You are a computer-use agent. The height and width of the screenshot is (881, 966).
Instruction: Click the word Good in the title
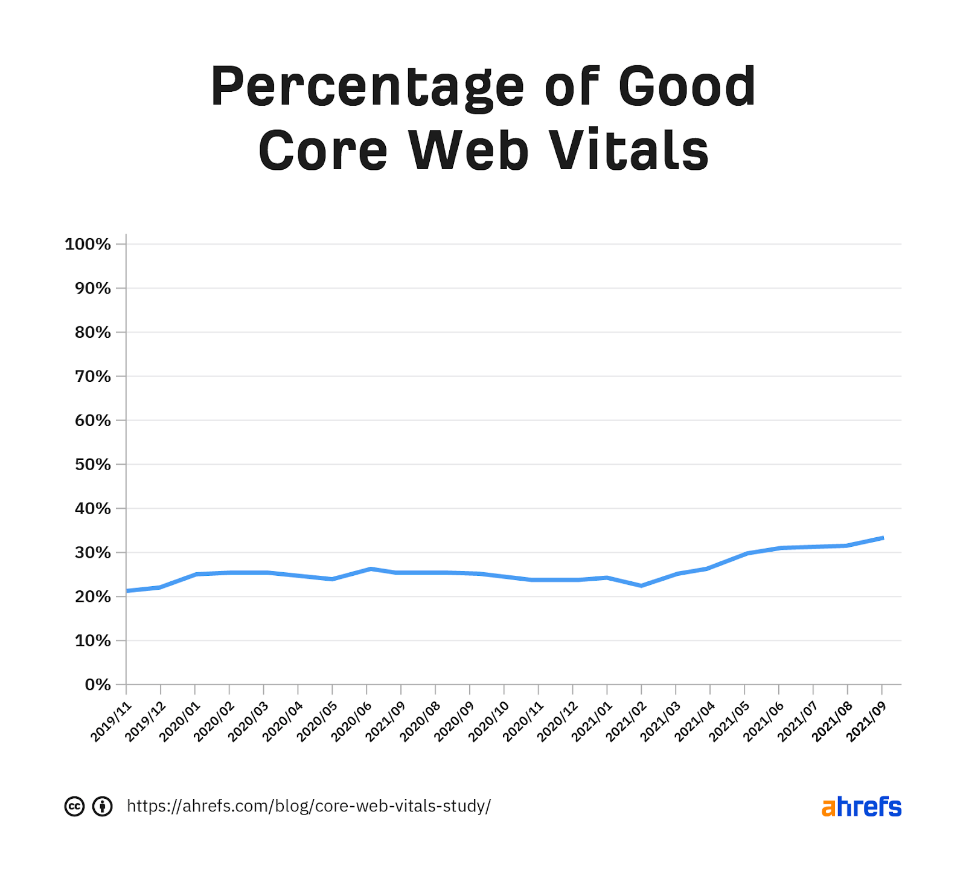click(x=686, y=88)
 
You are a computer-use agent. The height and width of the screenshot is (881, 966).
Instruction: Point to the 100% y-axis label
click(x=88, y=244)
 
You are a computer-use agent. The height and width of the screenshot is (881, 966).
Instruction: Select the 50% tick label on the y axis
click(x=93, y=464)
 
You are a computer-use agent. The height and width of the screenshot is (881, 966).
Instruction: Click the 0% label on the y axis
click(x=98, y=685)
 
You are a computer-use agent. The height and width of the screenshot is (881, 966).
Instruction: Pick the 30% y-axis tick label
click(x=93, y=552)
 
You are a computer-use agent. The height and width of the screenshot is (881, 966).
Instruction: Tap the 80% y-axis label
click(x=93, y=332)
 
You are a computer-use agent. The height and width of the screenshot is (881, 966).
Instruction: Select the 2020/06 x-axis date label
click(x=352, y=721)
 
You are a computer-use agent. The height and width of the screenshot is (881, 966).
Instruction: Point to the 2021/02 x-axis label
click(x=627, y=721)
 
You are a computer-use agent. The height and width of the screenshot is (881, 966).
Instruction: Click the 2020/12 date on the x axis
click(x=558, y=721)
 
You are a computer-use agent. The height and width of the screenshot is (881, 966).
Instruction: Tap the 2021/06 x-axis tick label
click(x=764, y=721)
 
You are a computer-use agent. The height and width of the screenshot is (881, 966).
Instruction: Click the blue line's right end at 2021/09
click(x=882, y=538)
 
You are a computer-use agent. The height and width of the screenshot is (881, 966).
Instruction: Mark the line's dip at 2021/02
click(x=641, y=586)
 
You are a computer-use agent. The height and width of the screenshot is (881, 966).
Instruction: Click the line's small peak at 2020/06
click(x=370, y=569)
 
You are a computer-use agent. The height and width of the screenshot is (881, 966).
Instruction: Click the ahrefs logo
click(x=861, y=807)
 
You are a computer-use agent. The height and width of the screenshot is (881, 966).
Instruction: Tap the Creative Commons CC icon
click(x=74, y=806)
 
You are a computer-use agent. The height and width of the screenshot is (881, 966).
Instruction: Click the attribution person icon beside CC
click(x=103, y=806)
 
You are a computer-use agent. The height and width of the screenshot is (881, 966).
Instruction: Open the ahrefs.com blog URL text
click(x=309, y=806)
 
